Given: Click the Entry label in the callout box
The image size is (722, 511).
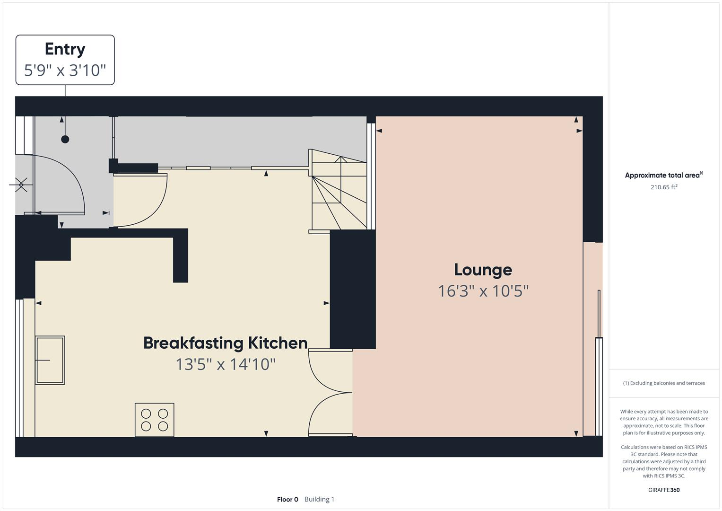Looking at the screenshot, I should [65, 49].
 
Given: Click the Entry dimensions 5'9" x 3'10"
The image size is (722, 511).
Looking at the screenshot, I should [65, 70].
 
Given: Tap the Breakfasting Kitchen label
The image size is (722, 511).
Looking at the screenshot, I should [225, 343].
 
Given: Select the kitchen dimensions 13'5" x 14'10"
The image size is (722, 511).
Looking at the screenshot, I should [225, 364].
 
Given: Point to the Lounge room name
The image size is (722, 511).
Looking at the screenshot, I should [483, 270].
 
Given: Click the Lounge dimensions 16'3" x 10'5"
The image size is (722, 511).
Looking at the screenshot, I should [483, 291].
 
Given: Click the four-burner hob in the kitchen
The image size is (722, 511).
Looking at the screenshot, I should [155, 420].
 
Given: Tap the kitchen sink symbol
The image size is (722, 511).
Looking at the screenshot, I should [50, 360].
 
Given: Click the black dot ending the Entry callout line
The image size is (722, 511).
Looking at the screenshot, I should [65, 139].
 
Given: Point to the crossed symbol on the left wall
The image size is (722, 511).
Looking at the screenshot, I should [21, 185].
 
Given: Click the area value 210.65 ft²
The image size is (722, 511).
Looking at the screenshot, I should [663, 187].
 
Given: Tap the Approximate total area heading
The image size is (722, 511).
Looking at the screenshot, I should [663, 175].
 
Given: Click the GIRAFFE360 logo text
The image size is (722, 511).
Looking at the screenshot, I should [663, 490].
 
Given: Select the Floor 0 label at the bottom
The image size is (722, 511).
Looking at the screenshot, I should [287, 499].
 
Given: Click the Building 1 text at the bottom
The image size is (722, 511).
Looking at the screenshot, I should [319, 499].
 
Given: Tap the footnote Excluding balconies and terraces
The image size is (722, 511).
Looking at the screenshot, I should [663, 383].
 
